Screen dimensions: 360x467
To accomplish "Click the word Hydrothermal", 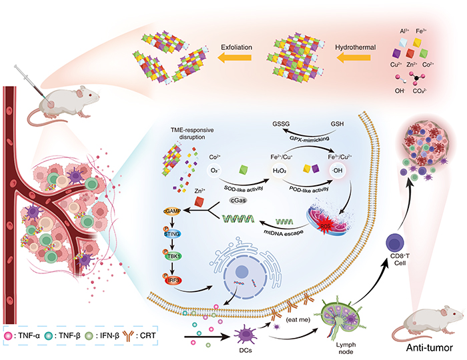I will click(x=357, y=47).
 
